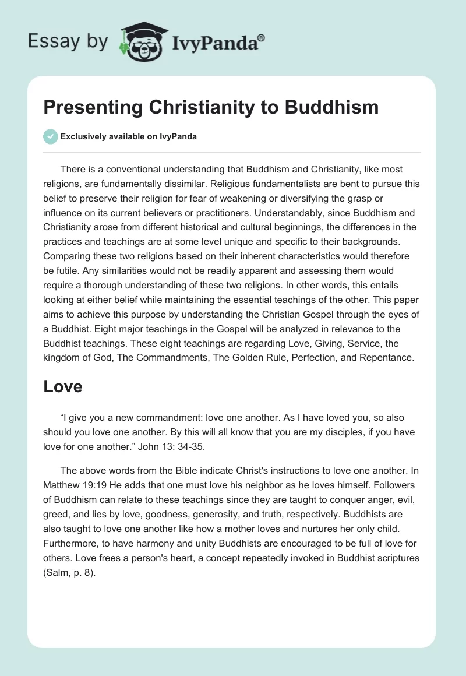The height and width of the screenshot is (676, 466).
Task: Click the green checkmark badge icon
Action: [50, 137]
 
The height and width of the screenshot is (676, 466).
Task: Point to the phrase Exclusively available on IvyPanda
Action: [128, 137]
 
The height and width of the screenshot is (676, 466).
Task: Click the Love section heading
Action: [63, 386]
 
